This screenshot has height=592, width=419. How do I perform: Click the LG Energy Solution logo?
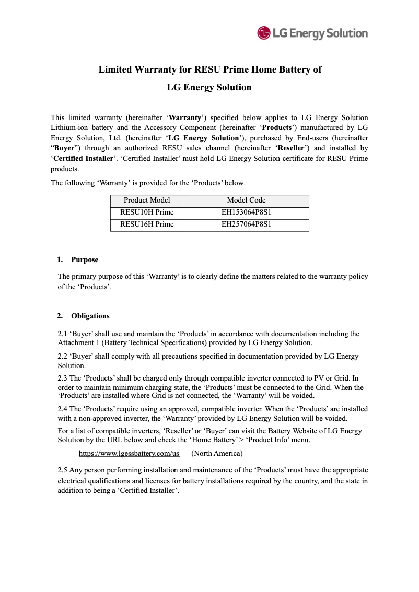pos(312,33)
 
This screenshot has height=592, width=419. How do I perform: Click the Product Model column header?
pos(147,200)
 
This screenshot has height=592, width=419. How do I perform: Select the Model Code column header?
pos(246,200)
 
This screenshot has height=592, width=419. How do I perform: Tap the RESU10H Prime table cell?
pos(147,212)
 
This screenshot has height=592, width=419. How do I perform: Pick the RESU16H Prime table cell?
pos(147,224)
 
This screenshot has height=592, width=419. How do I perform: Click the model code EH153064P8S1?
pos(246,212)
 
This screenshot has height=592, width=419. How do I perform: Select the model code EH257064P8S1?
pos(246,224)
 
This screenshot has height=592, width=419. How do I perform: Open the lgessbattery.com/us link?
pos(129,453)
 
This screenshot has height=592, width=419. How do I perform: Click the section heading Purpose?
pos(85,259)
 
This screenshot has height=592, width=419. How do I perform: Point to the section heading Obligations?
pos(90,316)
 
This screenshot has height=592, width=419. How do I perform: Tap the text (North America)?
pos(217,453)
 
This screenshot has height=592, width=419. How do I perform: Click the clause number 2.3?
pos(63,378)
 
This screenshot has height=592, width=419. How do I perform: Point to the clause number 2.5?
pos(63,470)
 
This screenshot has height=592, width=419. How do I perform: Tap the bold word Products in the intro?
pos(276,128)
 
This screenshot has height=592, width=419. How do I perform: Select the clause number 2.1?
pos(63,334)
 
